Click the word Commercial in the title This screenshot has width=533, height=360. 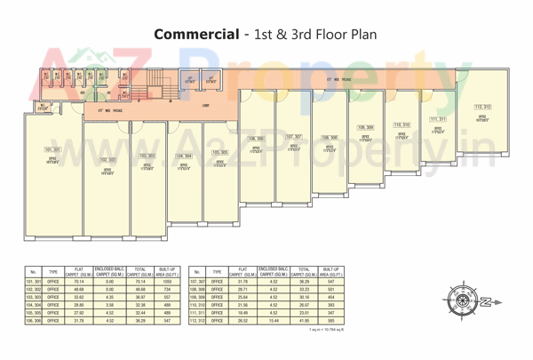[195, 35]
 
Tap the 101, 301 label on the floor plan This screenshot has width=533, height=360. [52, 150]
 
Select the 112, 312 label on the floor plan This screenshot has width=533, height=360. [482, 107]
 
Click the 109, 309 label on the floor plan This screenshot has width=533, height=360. [365, 128]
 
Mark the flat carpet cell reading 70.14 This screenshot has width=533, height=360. [77, 280]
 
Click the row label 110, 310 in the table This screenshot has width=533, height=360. [196, 306]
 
